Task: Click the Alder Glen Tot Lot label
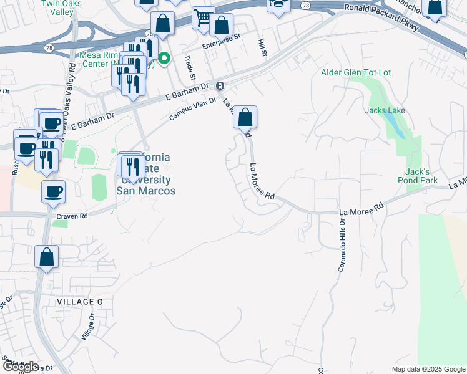pyautogui.click(x=356, y=73)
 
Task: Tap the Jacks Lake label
pyautogui.click(x=385, y=111)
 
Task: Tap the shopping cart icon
pyautogui.click(x=203, y=19)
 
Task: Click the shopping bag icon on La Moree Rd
pyautogui.click(x=245, y=117)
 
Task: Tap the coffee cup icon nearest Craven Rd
pyautogui.click(x=52, y=191)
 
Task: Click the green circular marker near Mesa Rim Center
pyautogui.click(x=164, y=59)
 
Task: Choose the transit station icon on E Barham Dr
pyautogui.click(x=219, y=85)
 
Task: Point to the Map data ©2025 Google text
pyautogui.click(x=428, y=369)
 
